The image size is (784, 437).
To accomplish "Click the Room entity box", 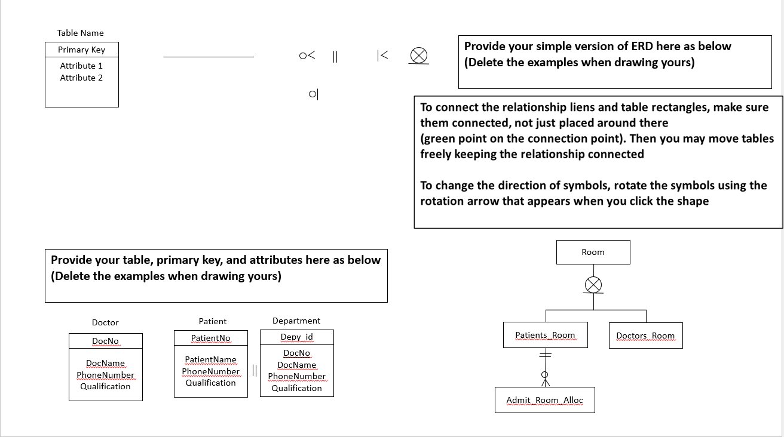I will pos(593,252).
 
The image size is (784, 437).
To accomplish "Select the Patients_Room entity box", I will pos(545,336).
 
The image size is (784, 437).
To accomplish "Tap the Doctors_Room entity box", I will pos(645,336).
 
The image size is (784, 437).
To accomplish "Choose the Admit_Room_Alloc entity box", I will pos(544,400).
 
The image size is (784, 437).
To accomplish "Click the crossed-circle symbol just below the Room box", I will pos(593,285).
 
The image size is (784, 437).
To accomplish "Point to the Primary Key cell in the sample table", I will pos(81,50).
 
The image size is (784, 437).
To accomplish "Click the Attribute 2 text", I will pos(81,78).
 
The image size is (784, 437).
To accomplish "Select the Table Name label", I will pos(81,33).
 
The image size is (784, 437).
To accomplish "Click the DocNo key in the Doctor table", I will pos(105,341).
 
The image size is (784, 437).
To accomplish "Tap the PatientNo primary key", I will pos(210,338).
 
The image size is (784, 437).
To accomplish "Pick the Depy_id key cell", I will pos(296,337).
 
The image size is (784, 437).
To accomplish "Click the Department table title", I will pos(296,321).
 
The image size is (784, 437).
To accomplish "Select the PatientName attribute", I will pos(210,359).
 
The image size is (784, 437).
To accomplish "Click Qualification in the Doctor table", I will pos(105,386).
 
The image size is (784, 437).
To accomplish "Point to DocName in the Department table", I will pos(296,365).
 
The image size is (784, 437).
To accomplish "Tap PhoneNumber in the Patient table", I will pos(210,371).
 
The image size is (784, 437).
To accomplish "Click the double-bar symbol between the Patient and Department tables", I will pos(254,370).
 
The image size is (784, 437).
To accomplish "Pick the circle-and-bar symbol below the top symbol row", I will pos(313,94).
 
